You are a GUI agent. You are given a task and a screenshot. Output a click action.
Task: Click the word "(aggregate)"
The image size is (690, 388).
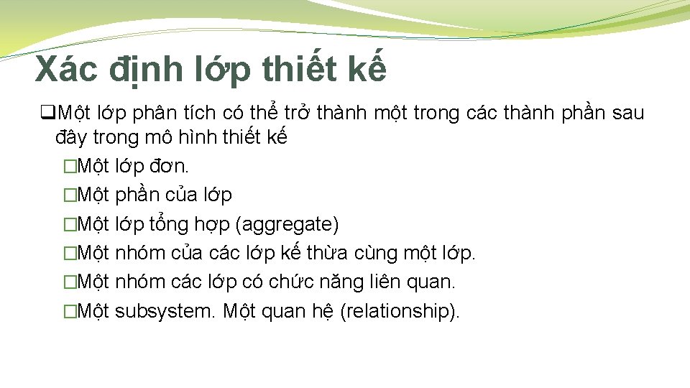click(287, 224)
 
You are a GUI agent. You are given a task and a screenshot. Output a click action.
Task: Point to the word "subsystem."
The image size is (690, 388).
click(166, 311)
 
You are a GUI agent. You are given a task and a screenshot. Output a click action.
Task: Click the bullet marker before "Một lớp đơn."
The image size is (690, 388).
click(69, 167)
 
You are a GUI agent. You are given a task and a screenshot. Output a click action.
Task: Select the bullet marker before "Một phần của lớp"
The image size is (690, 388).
click(69, 195)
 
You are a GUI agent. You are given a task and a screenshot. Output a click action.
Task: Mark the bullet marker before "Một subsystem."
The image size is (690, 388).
click(69, 312)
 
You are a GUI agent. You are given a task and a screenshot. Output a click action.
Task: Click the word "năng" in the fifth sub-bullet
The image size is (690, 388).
click(349, 282)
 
